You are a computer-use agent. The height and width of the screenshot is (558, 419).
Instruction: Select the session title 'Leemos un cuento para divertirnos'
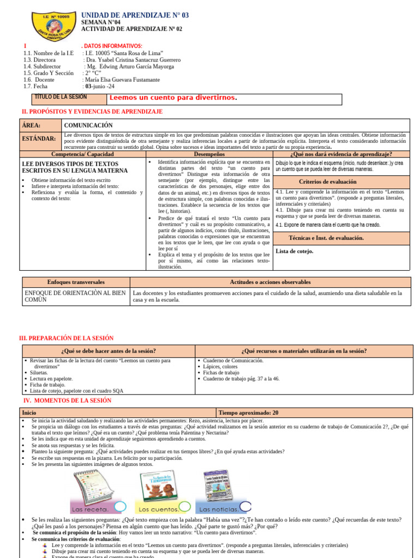(173, 98)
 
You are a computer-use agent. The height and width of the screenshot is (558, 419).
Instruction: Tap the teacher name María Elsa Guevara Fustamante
(121, 80)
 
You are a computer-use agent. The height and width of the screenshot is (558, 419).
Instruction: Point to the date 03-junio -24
(99, 87)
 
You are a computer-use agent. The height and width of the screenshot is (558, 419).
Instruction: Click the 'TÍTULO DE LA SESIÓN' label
(61, 97)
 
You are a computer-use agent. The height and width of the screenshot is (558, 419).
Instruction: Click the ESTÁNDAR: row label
(39, 139)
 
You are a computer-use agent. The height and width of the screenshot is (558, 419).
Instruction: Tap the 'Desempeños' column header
(209, 154)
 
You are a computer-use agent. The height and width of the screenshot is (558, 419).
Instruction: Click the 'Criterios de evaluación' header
(328, 181)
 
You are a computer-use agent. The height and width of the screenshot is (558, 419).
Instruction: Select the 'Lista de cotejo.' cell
(295, 251)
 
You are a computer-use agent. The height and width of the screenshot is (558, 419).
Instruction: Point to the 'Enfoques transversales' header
(76, 282)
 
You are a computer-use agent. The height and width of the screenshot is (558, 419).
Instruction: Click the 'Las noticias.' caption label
(217, 510)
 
